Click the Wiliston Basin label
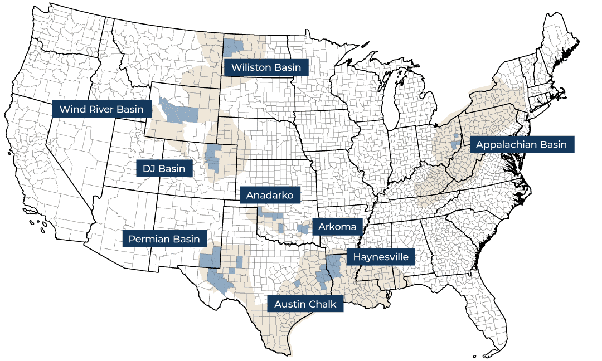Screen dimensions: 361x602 click(x=266, y=67)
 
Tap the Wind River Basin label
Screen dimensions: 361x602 click(x=101, y=109)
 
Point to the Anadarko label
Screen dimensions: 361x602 click(x=270, y=195)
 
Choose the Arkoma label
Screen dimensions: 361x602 click(x=337, y=227)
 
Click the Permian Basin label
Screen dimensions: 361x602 click(x=164, y=240)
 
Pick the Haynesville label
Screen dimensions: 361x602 click(x=381, y=257)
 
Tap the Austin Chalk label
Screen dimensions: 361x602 click(x=305, y=305)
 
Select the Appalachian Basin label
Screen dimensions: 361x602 click(x=522, y=145)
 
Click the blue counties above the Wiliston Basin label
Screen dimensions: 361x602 click(x=233, y=47)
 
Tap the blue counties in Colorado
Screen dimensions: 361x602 click(x=213, y=158)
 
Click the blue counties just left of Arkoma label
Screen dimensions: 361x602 click(x=303, y=228)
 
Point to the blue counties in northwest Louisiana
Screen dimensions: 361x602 click(x=335, y=266)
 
